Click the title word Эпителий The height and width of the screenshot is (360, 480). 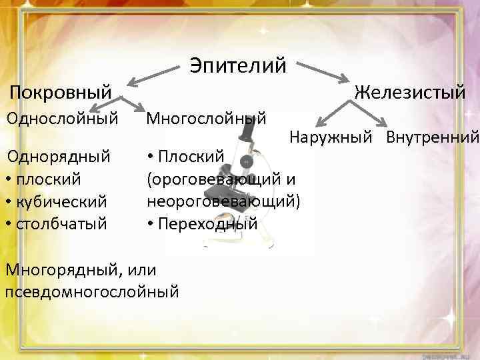pos(237,65)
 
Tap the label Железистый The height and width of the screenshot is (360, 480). pos(410,92)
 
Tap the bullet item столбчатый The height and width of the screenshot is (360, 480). pos(59,223)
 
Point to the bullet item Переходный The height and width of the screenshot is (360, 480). pos(206,223)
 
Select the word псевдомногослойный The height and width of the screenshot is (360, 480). pos(91,291)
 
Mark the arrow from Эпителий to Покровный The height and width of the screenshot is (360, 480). pos(154,75)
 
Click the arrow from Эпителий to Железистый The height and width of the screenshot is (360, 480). pos(327,74)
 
